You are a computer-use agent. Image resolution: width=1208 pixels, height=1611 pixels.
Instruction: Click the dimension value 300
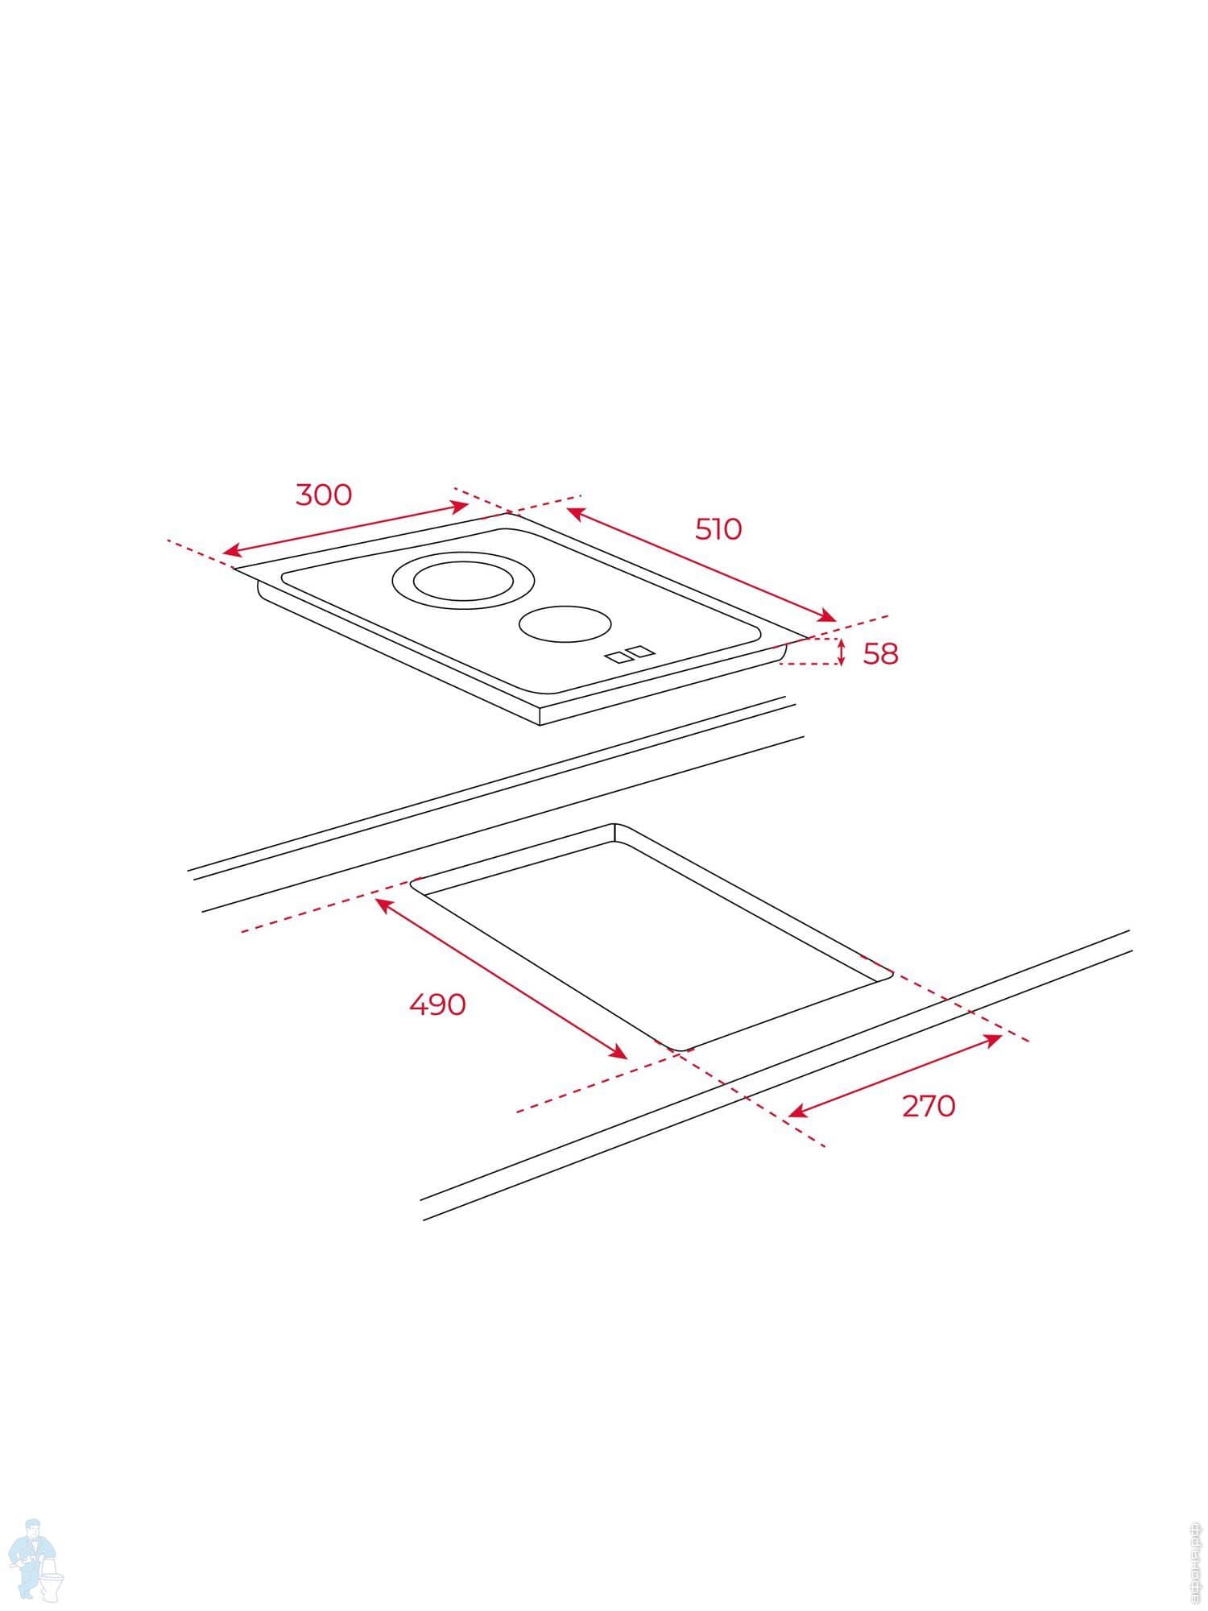pos(324,495)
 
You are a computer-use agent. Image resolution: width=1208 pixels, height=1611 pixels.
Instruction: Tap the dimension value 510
pos(718,529)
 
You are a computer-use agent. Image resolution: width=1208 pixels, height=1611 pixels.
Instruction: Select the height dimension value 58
pos(880,654)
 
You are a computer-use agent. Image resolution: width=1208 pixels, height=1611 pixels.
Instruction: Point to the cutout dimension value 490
pos(437,1004)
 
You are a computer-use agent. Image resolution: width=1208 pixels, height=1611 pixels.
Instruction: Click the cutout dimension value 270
pos(929,1106)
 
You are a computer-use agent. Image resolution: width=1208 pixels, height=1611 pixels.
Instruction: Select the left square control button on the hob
pos(617,656)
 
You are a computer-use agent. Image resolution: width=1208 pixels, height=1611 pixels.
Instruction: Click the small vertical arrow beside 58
pos(841,652)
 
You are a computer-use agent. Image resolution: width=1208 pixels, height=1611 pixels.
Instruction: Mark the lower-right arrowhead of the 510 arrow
pos(829,618)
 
